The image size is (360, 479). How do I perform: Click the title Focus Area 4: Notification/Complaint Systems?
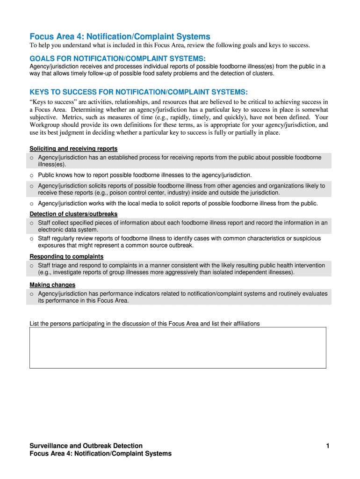[x=120, y=36]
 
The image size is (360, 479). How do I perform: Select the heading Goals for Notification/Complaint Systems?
[x=117, y=58]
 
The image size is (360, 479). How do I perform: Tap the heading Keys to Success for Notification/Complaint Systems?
[x=138, y=92]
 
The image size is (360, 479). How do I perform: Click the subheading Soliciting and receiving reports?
[x=73, y=149]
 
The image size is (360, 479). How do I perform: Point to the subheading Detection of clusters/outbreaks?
[x=73, y=214]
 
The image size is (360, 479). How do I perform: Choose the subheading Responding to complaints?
[x=66, y=256]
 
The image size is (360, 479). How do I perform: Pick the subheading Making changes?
[x=52, y=284]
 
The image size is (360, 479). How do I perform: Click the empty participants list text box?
[x=178, y=348]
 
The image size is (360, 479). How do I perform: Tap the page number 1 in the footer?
[x=328, y=446]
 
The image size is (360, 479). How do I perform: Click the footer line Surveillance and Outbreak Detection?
[x=86, y=446]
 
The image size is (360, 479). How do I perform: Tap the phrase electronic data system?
[x=68, y=230]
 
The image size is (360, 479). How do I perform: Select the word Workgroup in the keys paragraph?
[x=45, y=125]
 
